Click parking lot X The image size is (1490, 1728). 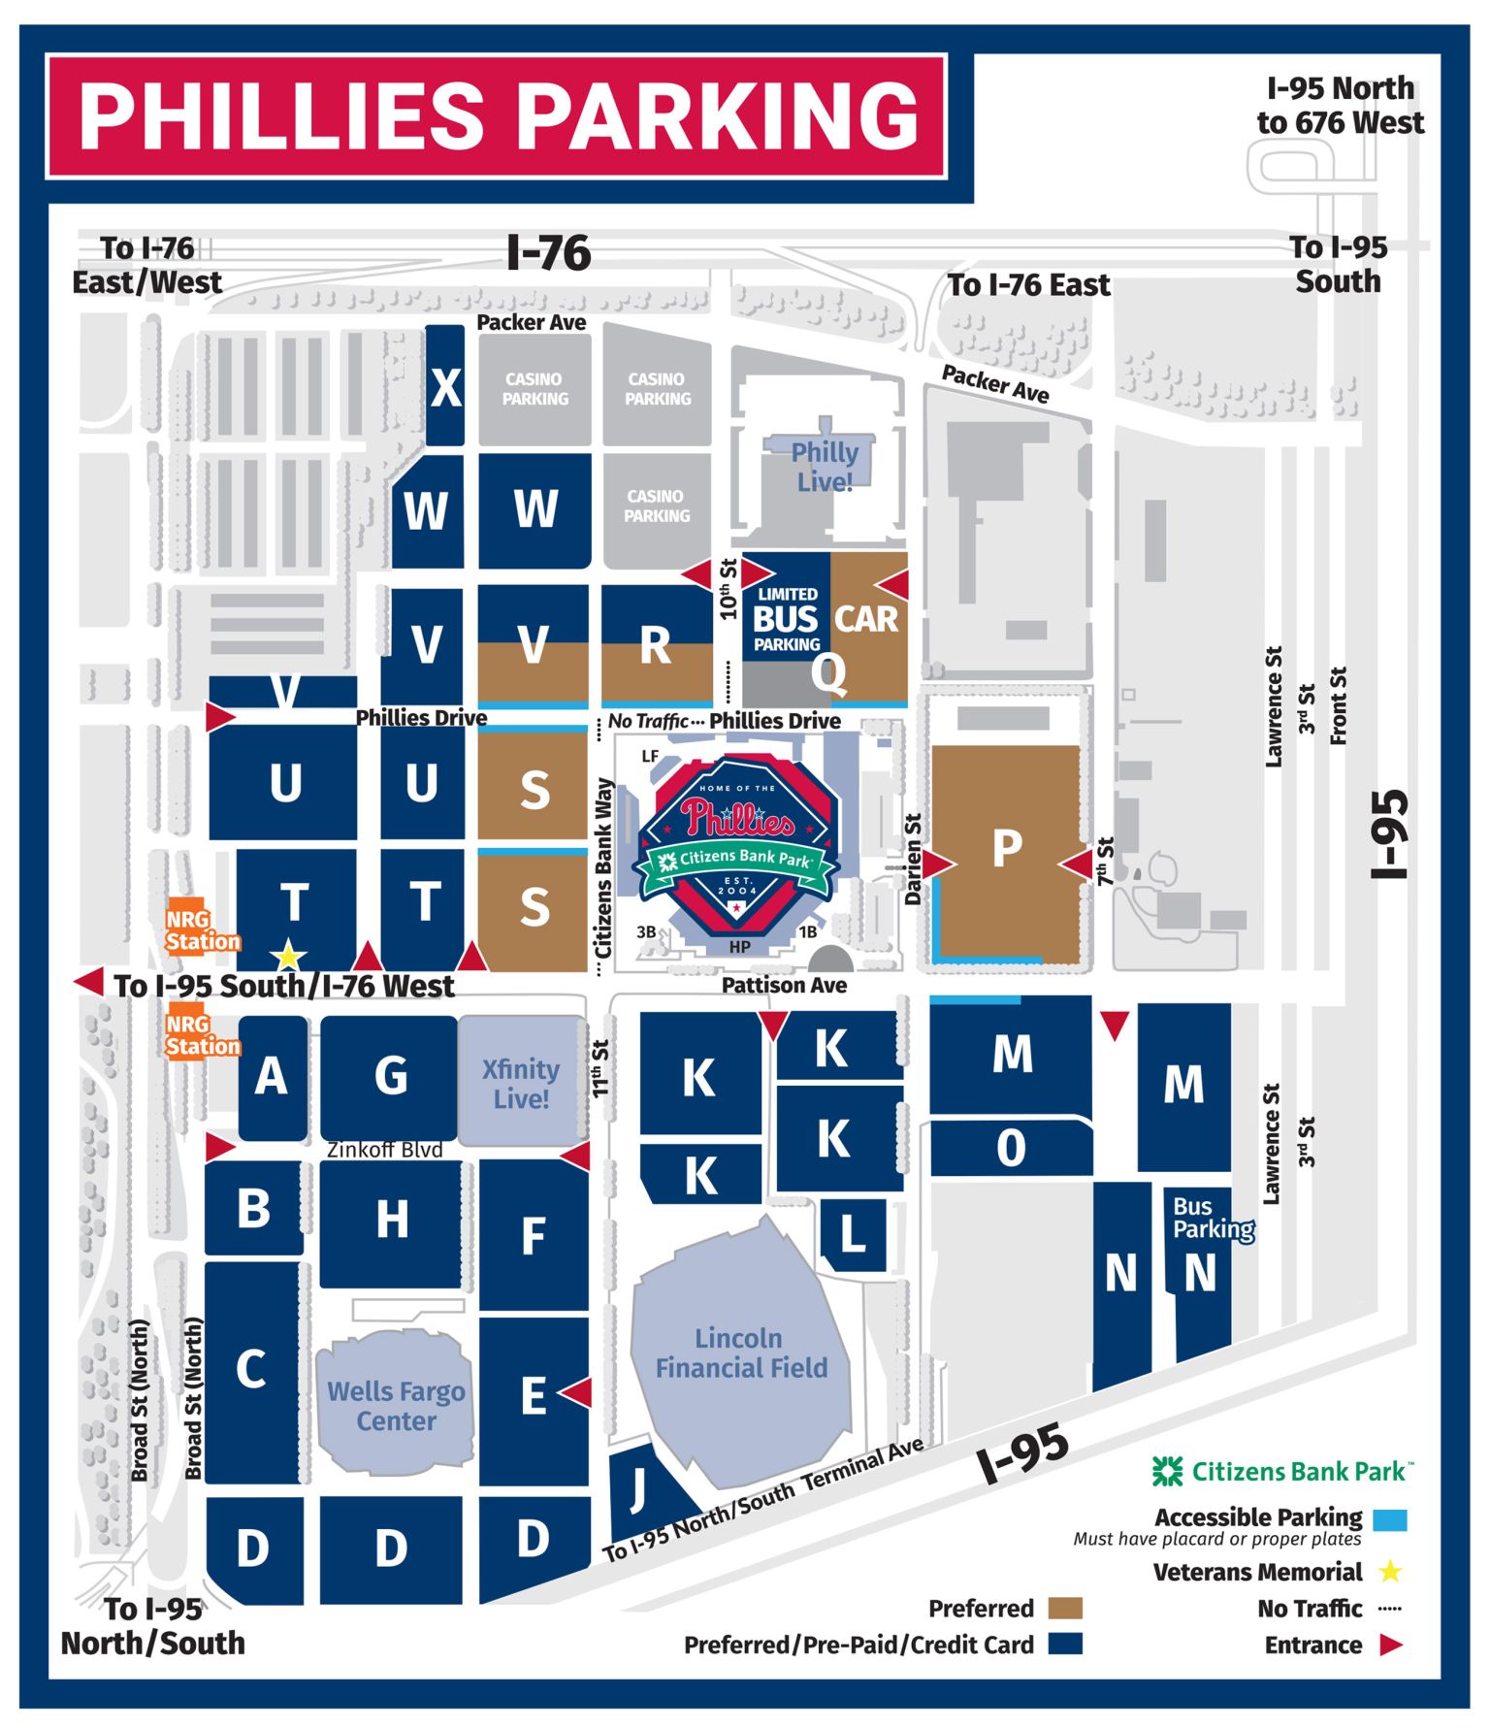(445, 387)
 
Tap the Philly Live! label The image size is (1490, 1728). (825, 467)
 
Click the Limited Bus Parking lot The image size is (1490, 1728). (787, 618)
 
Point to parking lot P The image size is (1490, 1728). (1007, 849)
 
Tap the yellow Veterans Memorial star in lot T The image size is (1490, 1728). (288, 956)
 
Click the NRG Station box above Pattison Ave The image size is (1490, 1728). (201, 929)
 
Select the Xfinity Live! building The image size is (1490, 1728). (521, 1083)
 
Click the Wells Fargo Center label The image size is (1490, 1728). (396, 1405)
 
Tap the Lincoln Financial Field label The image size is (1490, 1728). (740, 1353)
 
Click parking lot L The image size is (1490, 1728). (853, 1233)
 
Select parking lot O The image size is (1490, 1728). (1011, 1148)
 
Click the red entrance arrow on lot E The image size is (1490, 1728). (576, 1392)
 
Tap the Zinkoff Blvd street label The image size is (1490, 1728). (384, 1150)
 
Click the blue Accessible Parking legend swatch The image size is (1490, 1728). (1389, 1519)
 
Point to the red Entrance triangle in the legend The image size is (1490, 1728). (1390, 1645)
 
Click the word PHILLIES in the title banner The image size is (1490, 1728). (281, 116)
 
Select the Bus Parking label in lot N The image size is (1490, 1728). (1211, 1217)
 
